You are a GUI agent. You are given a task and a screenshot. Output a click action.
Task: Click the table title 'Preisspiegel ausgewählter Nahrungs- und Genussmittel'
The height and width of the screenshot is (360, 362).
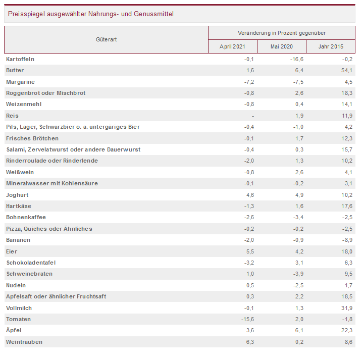tap(91, 14)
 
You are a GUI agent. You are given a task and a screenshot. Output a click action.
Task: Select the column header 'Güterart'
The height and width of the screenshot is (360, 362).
tap(106, 39)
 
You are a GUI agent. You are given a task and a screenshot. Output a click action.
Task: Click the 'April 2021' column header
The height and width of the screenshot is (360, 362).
tap(232, 47)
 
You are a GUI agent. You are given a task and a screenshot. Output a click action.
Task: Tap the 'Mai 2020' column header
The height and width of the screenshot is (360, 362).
tap(281, 47)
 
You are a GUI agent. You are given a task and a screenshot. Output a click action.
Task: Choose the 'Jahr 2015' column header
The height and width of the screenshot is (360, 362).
tap(331, 47)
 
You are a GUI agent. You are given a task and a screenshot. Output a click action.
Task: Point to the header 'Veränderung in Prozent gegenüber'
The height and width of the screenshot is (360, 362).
tap(281, 33)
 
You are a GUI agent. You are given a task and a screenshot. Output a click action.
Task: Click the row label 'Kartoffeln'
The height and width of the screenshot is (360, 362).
tap(20, 59)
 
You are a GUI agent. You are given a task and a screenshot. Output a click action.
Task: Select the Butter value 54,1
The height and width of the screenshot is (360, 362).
tap(347, 70)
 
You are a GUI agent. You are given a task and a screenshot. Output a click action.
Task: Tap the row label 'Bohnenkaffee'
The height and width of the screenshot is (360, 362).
tap(26, 217)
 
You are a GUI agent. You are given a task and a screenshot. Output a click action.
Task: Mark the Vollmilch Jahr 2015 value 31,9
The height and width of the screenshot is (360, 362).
tap(347, 307)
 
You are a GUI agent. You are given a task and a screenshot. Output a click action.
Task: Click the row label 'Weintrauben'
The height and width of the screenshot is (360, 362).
tap(24, 342)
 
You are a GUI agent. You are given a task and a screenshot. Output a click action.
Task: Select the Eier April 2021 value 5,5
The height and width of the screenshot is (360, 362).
tap(249, 251)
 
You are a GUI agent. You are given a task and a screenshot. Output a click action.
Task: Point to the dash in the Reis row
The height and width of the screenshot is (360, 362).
tap(252, 116)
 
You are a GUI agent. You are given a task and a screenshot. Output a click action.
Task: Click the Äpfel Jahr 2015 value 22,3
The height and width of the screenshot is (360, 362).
tap(347, 330)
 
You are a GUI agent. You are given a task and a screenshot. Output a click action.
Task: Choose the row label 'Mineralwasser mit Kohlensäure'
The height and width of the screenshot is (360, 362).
tap(52, 183)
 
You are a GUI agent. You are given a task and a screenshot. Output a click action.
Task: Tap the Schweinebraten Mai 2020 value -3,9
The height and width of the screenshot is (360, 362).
tap(298, 274)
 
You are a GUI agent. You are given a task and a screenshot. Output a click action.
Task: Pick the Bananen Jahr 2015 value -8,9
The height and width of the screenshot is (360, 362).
tap(348, 240)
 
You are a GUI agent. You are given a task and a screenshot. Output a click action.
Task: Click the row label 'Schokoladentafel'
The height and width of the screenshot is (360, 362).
tap(31, 263)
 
